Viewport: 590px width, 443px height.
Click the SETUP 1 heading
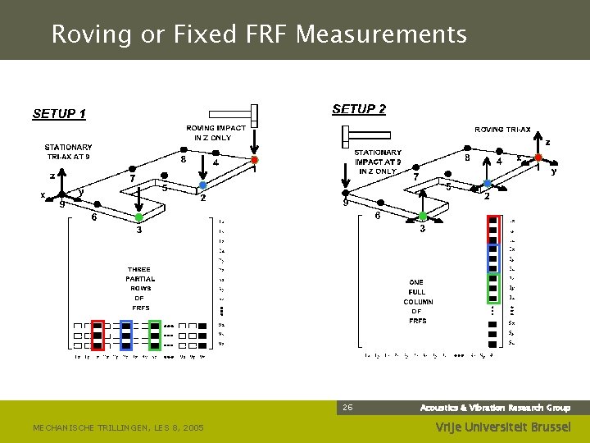coord(59,114)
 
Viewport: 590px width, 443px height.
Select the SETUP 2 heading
coord(359,109)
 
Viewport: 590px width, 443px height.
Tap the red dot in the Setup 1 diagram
coord(254,160)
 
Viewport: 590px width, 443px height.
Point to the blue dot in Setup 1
coord(203,185)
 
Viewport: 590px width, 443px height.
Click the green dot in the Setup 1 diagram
coord(138,217)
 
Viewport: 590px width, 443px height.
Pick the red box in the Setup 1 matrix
coord(98,335)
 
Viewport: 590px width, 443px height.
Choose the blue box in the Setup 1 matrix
coord(126,335)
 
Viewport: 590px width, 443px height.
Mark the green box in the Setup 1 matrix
coord(155,335)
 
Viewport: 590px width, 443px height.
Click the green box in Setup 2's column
coord(492,288)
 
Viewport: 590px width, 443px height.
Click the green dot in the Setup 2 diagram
coord(422,217)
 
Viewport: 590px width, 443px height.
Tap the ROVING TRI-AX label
coord(502,129)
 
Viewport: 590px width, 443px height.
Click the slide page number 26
coord(347,407)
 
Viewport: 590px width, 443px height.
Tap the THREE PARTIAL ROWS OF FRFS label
coord(139,288)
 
